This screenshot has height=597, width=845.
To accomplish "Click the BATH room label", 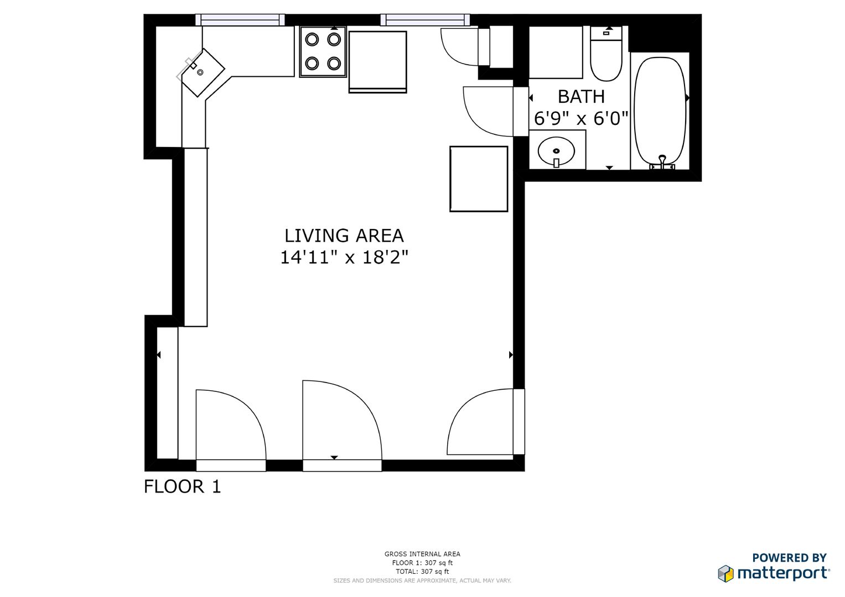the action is pyautogui.click(x=581, y=97).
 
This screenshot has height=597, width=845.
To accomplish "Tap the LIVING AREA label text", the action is pyautogui.click(x=344, y=236).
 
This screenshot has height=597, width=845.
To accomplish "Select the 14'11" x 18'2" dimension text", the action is pyautogui.click(x=344, y=258).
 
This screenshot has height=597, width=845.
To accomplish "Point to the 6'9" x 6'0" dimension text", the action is pyautogui.click(x=581, y=118).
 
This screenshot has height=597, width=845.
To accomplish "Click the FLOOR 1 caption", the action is pyautogui.click(x=182, y=486).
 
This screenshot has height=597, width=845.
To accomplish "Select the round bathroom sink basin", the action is pyautogui.click(x=557, y=151).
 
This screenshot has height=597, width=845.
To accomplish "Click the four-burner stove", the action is pyautogui.click(x=323, y=51).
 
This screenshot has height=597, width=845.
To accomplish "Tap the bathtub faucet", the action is pyautogui.click(x=662, y=162).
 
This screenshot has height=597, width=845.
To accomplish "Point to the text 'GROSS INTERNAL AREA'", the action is pyautogui.click(x=422, y=554).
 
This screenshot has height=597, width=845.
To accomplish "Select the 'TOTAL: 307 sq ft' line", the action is pyautogui.click(x=422, y=572).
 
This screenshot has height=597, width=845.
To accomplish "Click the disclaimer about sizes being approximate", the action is pyautogui.click(x=422, y=580).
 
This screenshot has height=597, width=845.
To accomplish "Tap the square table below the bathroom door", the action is pyautogui.click(x=479, y=179).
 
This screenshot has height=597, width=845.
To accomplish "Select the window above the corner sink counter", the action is pyautogui.click(x=240, y=19).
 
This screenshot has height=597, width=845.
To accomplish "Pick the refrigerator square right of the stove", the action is pyautogui.click(x=377, y=62).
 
